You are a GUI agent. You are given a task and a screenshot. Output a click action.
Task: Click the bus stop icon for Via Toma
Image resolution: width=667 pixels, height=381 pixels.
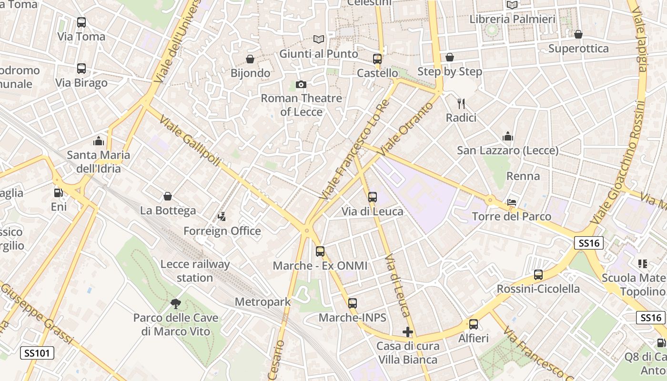tap(81, 22)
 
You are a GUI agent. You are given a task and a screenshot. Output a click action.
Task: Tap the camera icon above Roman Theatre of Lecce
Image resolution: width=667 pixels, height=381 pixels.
tap(301, 84)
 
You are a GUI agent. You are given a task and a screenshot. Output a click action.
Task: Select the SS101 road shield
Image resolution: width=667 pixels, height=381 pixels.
tap(37, 353)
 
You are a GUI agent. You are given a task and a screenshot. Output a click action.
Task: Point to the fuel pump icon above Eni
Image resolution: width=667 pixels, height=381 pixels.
tap(59, 193)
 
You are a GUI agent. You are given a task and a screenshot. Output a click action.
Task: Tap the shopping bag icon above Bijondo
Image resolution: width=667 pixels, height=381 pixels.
tap(250, 59)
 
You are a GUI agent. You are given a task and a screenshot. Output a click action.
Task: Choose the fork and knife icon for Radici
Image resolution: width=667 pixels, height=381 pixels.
tap(461, 103)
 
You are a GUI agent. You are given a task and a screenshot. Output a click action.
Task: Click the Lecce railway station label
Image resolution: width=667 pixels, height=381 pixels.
tap(195, 271)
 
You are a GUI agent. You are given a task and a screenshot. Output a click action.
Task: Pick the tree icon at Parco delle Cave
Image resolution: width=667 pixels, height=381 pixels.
tap(175, 303)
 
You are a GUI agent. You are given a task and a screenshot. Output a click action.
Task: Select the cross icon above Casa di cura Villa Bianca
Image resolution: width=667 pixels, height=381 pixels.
tap(407, 332)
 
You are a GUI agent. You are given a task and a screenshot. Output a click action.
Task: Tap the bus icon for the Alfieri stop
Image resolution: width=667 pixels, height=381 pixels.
tap(473, 324)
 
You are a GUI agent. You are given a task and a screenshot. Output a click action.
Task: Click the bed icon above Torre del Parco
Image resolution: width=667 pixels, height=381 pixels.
tap(512, 202)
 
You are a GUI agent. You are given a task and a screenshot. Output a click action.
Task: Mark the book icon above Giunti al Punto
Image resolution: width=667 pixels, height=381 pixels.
tap(318, 40)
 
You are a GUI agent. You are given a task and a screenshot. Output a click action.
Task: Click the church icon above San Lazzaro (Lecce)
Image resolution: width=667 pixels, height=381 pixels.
tap(508, 137)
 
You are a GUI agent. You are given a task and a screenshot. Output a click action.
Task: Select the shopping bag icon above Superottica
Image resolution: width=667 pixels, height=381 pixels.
tap(578, 34)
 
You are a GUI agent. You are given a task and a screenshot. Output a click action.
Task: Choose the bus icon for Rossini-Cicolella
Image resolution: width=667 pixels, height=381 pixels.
tap(538, 275)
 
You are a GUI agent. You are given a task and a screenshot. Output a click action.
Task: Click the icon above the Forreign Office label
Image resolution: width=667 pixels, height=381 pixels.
tap(222, 217)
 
